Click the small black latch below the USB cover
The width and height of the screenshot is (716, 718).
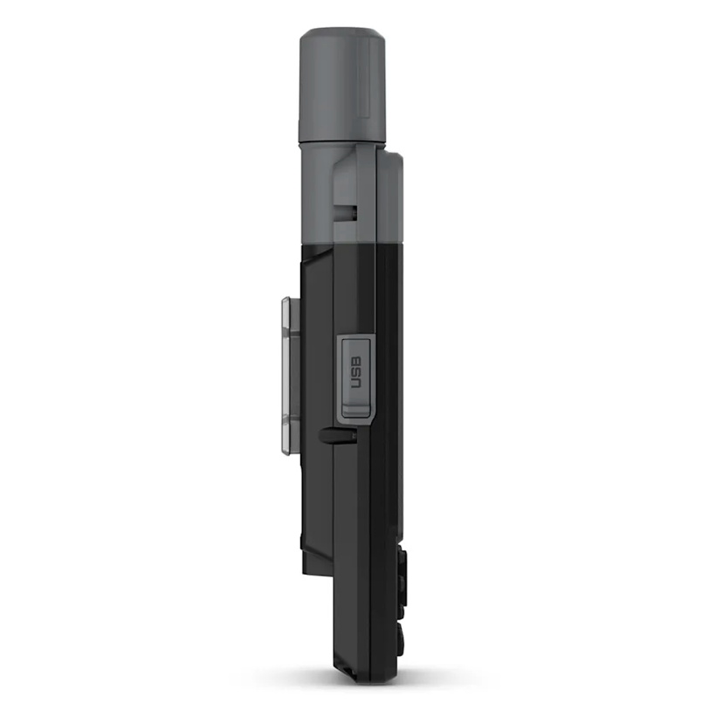[x=330, y=432]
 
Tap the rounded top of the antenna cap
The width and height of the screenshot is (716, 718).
[x=343, y=37]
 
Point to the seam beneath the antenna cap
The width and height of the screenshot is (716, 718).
[x=342, y=142]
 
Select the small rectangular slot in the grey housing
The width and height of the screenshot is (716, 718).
[x=349, y=211]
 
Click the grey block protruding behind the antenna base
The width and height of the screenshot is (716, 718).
[x=392, y=197]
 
